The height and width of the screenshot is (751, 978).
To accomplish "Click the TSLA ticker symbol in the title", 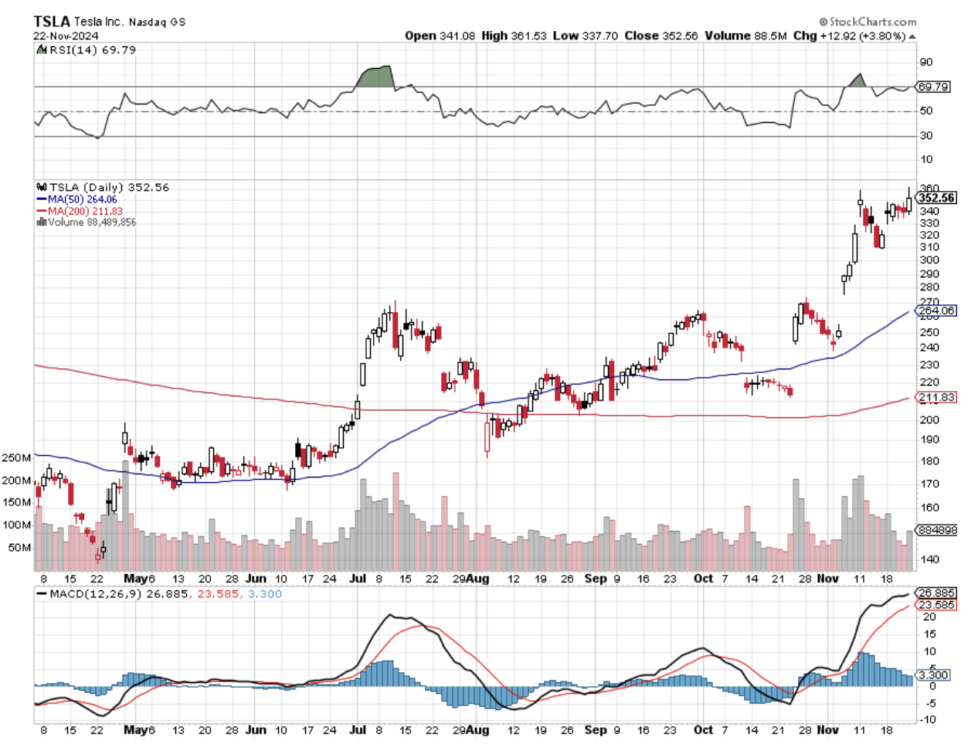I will pos(52,22).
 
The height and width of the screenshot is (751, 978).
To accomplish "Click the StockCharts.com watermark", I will pos(868,22).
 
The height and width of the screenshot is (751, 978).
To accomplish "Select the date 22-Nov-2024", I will pos(66,36).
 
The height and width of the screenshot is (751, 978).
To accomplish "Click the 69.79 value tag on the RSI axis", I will pos(933,87).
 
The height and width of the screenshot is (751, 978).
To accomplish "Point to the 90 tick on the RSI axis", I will pos(925,63).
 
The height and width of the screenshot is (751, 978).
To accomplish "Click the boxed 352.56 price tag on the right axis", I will pos(936,198).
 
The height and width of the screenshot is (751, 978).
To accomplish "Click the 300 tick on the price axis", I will pos(929,260).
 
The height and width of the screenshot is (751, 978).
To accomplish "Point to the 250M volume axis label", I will pos(16,458).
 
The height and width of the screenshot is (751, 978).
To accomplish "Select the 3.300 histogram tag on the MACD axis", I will pos(934,675).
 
